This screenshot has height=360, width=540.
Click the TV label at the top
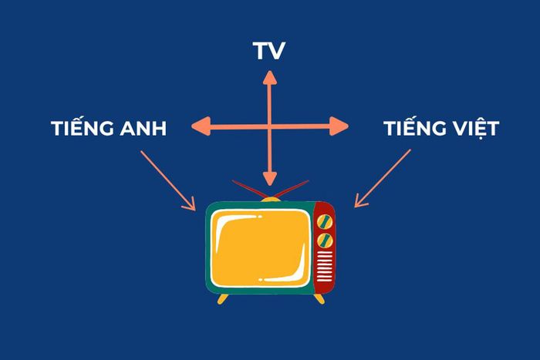click(x=269, y=51)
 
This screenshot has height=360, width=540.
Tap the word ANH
click(x=143, y=129)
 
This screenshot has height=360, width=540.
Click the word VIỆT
click(x=476, y=128)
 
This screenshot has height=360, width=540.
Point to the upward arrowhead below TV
click(x=270, y=77)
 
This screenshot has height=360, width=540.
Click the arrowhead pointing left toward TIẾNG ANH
click(x=201, y=126)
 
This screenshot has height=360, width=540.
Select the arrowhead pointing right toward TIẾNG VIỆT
click(x=339, y=126)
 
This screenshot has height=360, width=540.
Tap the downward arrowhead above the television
click(x=270, y=179)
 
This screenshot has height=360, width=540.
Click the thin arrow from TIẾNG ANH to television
click(x=168, y=180)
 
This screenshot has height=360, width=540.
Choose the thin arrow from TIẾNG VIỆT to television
click(x=383, y=178)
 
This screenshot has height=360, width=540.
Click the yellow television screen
click(x=261, y=247)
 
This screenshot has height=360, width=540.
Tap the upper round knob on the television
click(x=325, y=222)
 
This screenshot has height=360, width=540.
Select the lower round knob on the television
click(x=325, y=241)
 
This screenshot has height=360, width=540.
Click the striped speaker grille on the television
click(x=325, y=266)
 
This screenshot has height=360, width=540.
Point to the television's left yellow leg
click(x=223, y=299)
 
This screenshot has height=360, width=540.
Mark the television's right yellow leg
click(x=319, y=299)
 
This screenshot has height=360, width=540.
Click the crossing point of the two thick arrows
click(x=270, y=126)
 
